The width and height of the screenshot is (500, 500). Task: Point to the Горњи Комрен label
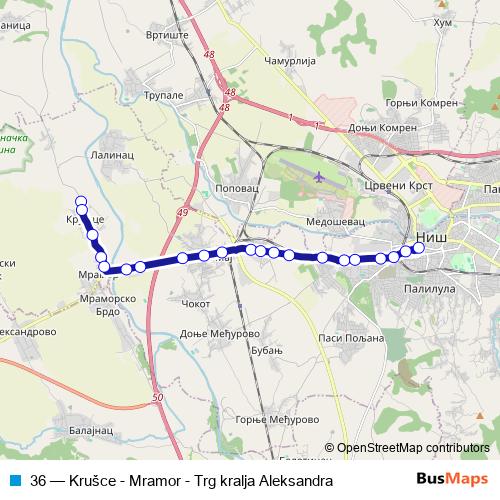[x=420, y=102]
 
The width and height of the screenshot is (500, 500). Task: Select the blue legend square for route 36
[x=15, y=480]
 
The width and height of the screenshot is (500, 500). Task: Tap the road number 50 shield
[x=158, y=399]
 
